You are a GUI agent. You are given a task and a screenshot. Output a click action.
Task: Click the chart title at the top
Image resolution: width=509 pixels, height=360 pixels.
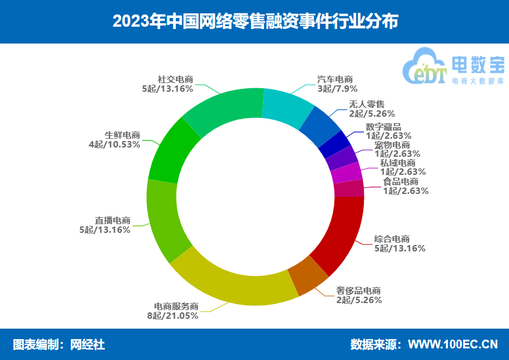tap(255, 21)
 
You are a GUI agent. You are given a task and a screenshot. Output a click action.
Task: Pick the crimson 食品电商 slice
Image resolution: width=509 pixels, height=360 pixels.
tap(349, 188)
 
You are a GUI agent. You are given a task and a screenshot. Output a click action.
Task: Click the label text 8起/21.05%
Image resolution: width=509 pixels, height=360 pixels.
tap(173, 315)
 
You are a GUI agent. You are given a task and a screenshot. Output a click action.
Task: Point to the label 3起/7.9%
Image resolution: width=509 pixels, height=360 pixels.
tap(337, 89)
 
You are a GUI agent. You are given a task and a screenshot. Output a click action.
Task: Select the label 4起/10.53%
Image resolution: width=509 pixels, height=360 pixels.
tap(114, 145)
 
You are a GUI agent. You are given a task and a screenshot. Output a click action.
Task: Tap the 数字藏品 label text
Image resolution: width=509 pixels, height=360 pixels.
tap(384, 127)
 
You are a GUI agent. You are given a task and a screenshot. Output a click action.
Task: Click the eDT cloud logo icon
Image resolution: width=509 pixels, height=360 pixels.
tap(425, 67)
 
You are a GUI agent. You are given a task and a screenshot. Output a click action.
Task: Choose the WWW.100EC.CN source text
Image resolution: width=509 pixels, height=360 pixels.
tap(453, 344)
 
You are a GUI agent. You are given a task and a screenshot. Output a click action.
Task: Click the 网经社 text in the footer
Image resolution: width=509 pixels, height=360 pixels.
tap(88, 344)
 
